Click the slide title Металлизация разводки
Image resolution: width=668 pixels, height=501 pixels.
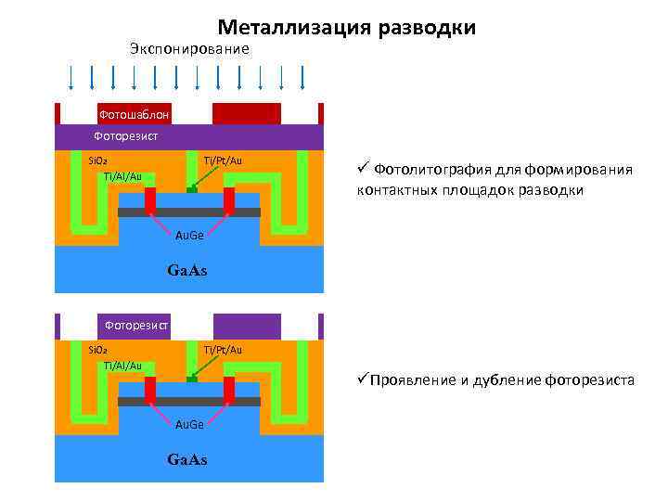(346, 28)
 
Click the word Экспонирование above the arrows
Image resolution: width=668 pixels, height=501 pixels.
(189, 49)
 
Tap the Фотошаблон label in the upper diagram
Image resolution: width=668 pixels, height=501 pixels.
(134, 114)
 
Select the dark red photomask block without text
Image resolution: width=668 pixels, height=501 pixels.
(246, 113)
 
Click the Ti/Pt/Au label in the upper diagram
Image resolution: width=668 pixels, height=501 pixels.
(223, 161)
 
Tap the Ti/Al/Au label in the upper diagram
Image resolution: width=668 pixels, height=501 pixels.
(122, 176)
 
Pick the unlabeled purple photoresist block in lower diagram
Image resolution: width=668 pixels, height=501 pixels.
(247, 327)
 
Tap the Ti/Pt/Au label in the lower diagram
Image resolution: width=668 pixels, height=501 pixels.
(223, 350)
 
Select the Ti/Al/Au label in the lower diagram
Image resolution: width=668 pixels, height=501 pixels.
(122, 366)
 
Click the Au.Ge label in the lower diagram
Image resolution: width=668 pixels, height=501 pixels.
(190, 424)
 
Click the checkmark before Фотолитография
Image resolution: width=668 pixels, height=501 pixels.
(362, 168)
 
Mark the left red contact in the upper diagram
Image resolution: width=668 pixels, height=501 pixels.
(149, 200)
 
